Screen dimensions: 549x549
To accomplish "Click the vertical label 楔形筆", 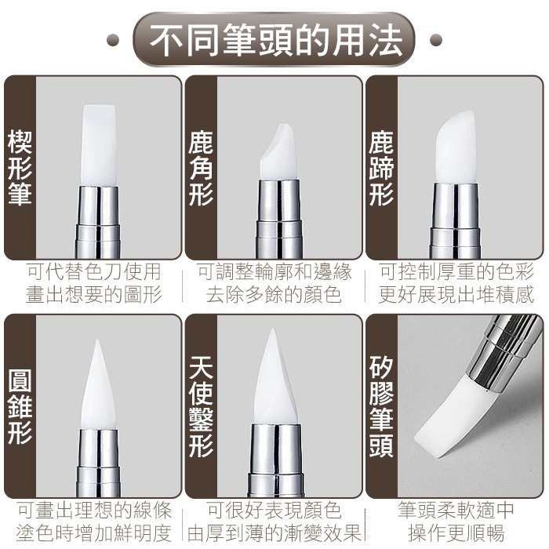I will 19,169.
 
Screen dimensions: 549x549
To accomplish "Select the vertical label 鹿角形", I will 200,169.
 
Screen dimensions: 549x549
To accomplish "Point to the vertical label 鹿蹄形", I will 381,169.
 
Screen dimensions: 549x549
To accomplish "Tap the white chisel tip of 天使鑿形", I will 276,380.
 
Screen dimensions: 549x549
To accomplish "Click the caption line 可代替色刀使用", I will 94,272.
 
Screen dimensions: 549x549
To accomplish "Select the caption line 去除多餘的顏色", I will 274,295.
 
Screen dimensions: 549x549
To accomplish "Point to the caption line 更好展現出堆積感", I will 456,295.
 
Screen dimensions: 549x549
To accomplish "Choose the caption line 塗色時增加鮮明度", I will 94,533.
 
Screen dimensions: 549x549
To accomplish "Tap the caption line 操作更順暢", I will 456,533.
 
